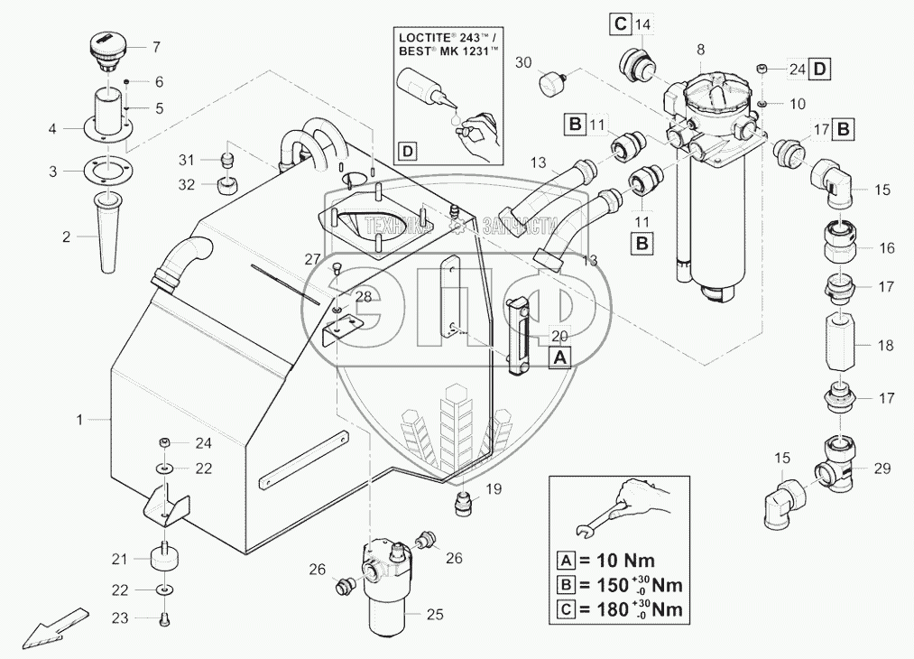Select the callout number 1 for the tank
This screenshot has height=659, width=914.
[80, 419]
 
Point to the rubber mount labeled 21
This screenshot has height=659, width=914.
[164, 558]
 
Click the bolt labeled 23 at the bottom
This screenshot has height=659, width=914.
[164, 619]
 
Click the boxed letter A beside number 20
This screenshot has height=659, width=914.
[560, 357]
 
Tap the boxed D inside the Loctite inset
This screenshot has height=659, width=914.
[408, 151]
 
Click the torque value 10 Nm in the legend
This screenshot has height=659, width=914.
[623, 559]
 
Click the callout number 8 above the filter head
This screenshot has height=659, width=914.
[701, 48]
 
